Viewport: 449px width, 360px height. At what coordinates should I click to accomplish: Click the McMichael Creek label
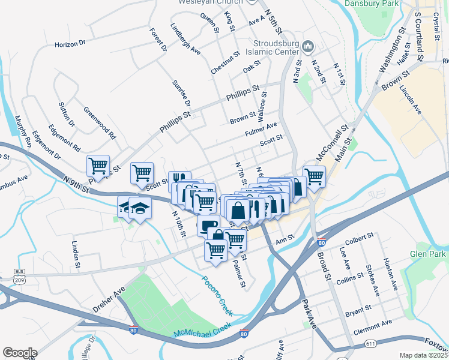202,329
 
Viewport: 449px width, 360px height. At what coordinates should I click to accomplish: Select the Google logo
20,353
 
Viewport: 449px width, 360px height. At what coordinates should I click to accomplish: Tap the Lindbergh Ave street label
185,39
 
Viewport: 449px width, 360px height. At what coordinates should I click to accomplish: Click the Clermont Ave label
373,325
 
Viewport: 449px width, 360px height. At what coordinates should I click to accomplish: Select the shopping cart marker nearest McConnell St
313,176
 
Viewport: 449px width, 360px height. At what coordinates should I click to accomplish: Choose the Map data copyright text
424,355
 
